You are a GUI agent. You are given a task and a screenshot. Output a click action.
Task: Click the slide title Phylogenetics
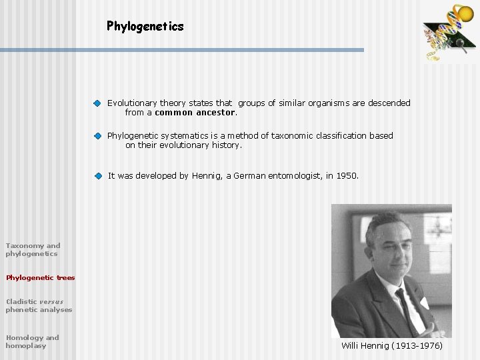pos(145,27)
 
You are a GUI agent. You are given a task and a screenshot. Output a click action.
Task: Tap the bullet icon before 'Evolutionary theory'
pos(97,103)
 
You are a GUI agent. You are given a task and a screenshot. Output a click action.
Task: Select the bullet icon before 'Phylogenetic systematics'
pos(97,136)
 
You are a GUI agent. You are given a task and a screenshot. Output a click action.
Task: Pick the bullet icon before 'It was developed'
pos(97,176)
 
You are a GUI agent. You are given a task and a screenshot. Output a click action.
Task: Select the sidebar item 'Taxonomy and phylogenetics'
pos(33,249)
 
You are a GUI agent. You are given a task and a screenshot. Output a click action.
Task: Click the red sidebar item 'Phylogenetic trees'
pos(40,277)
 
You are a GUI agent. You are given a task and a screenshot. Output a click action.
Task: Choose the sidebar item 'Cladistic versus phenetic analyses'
pos(39,305)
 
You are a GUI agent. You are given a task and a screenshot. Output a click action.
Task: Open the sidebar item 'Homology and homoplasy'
pos(32,341)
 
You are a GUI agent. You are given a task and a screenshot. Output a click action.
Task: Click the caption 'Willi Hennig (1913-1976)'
pos(391,345)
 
